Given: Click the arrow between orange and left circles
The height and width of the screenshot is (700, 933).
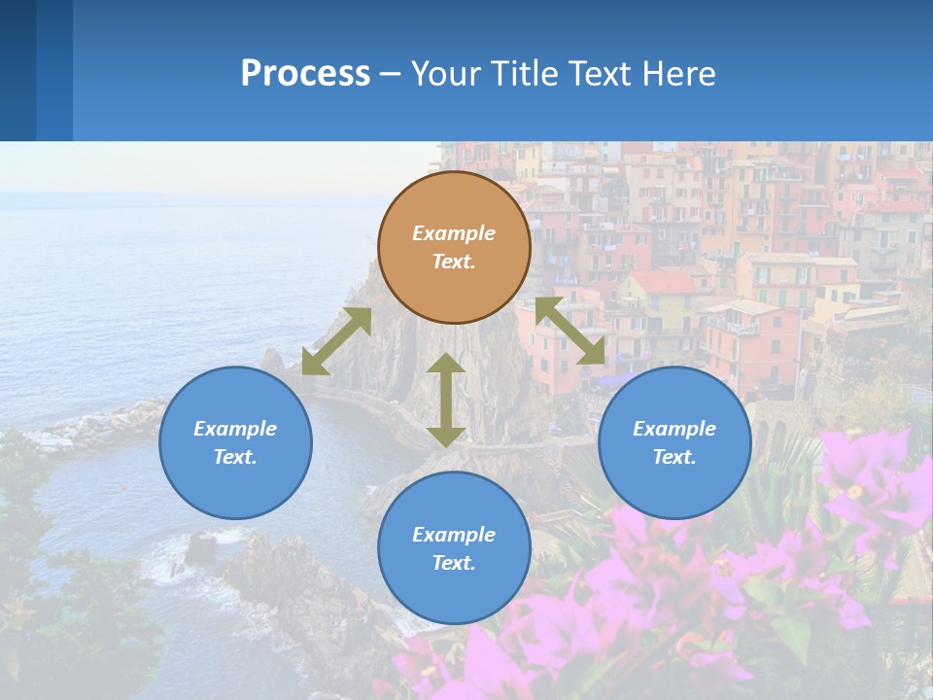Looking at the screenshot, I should pyautogui.click(x=336, y=341).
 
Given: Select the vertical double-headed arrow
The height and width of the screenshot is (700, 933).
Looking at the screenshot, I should pyautogui.click(x=446, y=400).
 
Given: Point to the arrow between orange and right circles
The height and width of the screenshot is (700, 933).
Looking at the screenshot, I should pyautogui.click(x=570, y=331).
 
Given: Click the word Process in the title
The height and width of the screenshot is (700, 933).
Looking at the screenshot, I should pyautogui.click(x=305, y=73).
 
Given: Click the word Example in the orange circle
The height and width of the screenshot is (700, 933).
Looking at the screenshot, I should pyautogui.click(x=454, y=233).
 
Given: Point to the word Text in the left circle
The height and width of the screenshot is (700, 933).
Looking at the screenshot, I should pyautogui.click(x=235, y=457).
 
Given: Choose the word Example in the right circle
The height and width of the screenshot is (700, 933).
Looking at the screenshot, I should pyautogui.click(x=674, y=429).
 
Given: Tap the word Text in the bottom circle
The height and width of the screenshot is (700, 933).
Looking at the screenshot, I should pyautogui.click(x=454, y=563).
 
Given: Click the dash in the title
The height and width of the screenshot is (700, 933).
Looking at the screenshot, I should pyautogui.click(x=391, y=74).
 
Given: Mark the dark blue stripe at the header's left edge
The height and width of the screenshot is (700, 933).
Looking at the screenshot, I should pyautogui.click(x=17, y=70).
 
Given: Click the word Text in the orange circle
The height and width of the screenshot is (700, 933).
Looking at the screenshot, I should pyautogui.click(x=454, y=262).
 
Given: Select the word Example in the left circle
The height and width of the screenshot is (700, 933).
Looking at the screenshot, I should pyautogui.click(x=235, y=429).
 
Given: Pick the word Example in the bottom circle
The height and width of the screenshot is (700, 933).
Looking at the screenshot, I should pyautogui.click(x=454, y=535).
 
